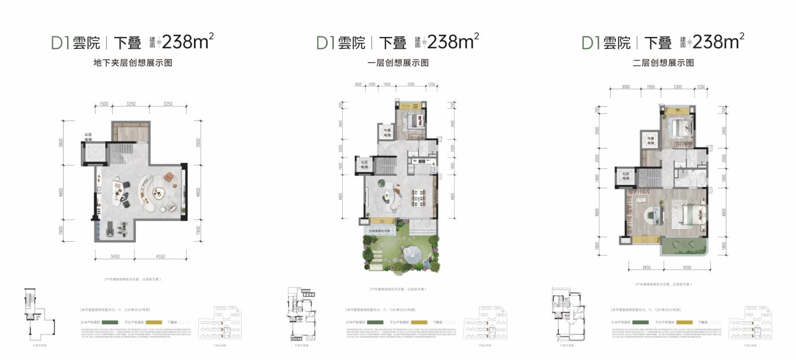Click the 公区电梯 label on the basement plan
click(x=88, y=136)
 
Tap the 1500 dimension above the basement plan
click(x=103, y=105)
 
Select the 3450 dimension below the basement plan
click(x=115, y=256)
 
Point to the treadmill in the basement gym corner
click(x=106, y=229)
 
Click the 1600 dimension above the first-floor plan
click(x=358, y=84)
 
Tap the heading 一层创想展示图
click(x=398, y=63)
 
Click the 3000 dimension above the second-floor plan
click(x=626, y=87)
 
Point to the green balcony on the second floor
click(x=685, y=246)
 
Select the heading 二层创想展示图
click(x=663, y=63)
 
